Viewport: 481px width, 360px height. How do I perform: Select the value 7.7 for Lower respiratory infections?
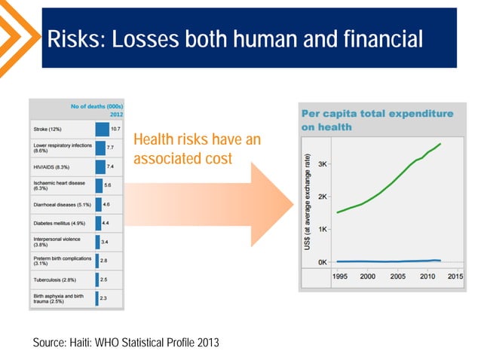(110, 148)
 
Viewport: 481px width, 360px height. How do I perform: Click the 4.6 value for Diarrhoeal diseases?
(107, 204)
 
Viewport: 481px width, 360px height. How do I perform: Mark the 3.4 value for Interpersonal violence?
(106, 242)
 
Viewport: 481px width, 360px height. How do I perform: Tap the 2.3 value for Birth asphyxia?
(103, 298)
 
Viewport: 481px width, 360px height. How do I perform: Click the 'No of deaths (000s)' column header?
(98, 106)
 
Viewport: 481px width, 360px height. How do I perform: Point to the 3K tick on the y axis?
(322, 163)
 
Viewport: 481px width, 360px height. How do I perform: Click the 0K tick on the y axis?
(322, 262)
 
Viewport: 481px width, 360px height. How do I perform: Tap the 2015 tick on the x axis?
(455, 276)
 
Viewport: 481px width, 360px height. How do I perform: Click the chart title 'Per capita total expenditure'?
(377, 114)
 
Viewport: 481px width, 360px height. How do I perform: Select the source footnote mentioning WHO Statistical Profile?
(126, 343)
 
